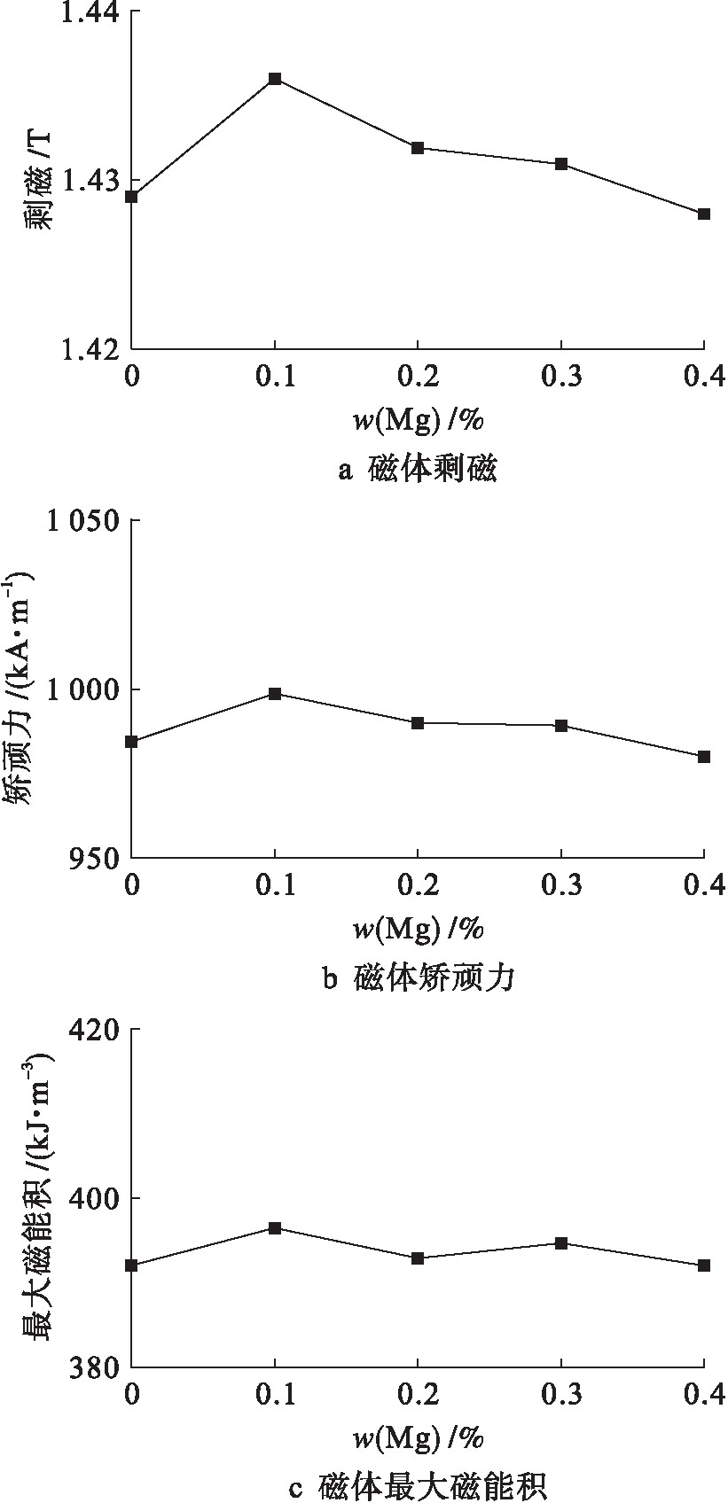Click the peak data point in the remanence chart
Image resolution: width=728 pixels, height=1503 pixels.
[x=275, y=79]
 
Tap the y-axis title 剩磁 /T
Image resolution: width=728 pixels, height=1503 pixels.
[x=37, y=180]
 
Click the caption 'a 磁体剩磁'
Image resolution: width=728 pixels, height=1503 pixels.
[x=418, y=469]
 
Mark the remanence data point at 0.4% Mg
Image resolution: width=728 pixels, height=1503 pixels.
[x=704, y=214]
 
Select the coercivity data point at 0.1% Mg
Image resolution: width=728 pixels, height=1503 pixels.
[x=275, y=694]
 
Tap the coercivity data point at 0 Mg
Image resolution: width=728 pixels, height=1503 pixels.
[x=131, y=742]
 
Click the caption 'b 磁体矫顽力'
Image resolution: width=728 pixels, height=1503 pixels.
[x=418, y=978]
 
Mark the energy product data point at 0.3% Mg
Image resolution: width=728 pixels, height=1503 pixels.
[x=561, y=1243]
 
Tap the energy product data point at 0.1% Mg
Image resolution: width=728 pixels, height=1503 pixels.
[x=275, y=1228]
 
